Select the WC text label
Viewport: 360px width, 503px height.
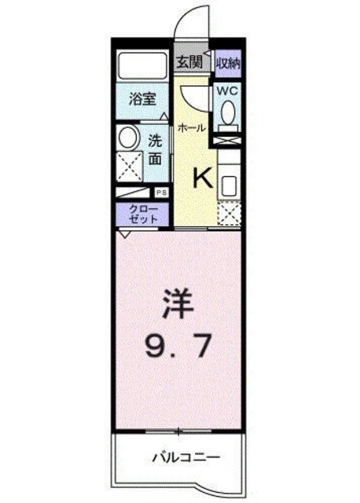[227, 90]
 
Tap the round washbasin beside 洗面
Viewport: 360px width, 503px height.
[127, 139]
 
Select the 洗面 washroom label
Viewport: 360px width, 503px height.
[156, 149]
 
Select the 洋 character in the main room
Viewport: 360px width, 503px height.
[178, 303]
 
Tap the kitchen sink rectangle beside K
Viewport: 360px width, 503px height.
[229, 186]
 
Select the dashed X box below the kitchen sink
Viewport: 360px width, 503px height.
[230, 214]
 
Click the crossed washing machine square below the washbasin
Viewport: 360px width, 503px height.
[129, 167]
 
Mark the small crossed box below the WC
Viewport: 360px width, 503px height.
[228, 141]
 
